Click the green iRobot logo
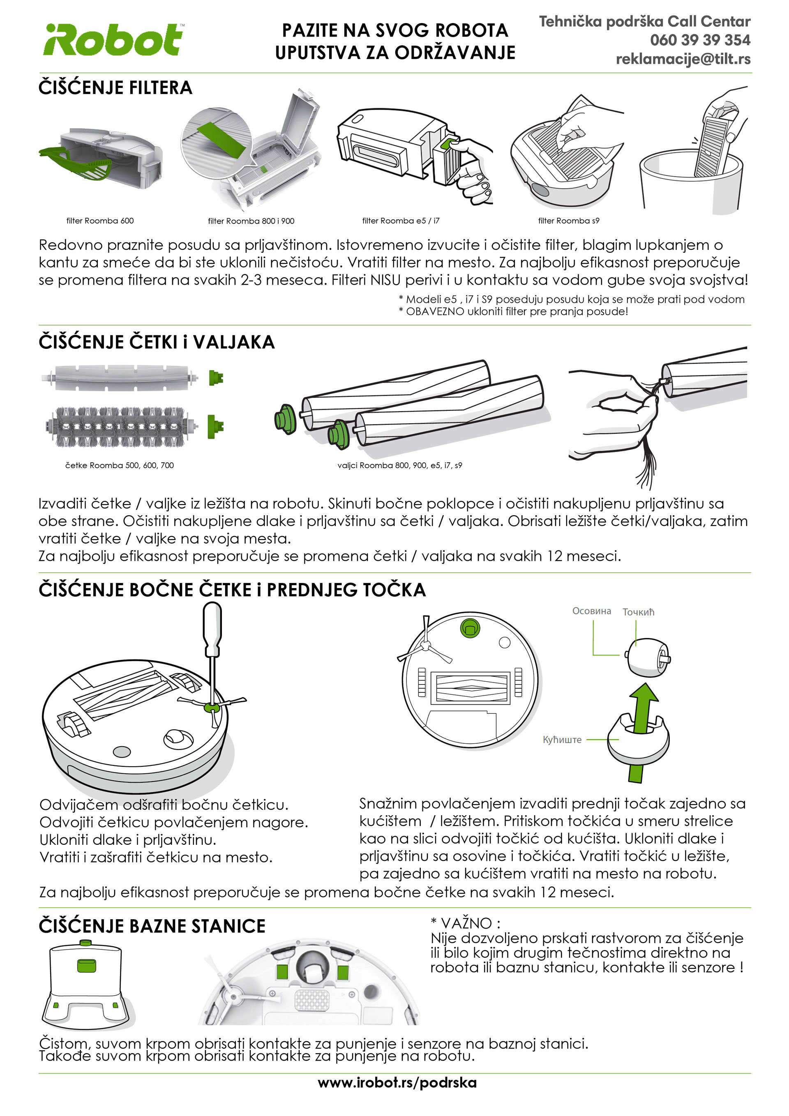(113, 40)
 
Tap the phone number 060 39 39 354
(700, 40)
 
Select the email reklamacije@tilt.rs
(683, 59)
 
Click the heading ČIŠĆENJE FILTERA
(116, 88)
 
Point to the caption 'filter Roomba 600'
(100, 221)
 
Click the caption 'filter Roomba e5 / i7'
(401, 221)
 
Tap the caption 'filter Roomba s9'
(569, 221)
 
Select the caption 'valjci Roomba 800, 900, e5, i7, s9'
(399, 465)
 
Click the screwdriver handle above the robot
(212, 627)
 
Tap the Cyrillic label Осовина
(592, 611)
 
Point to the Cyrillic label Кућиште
(562, 739)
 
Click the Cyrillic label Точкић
(638, 612)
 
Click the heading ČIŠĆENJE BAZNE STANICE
(152, 925)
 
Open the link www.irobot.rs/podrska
(397, 1082)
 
